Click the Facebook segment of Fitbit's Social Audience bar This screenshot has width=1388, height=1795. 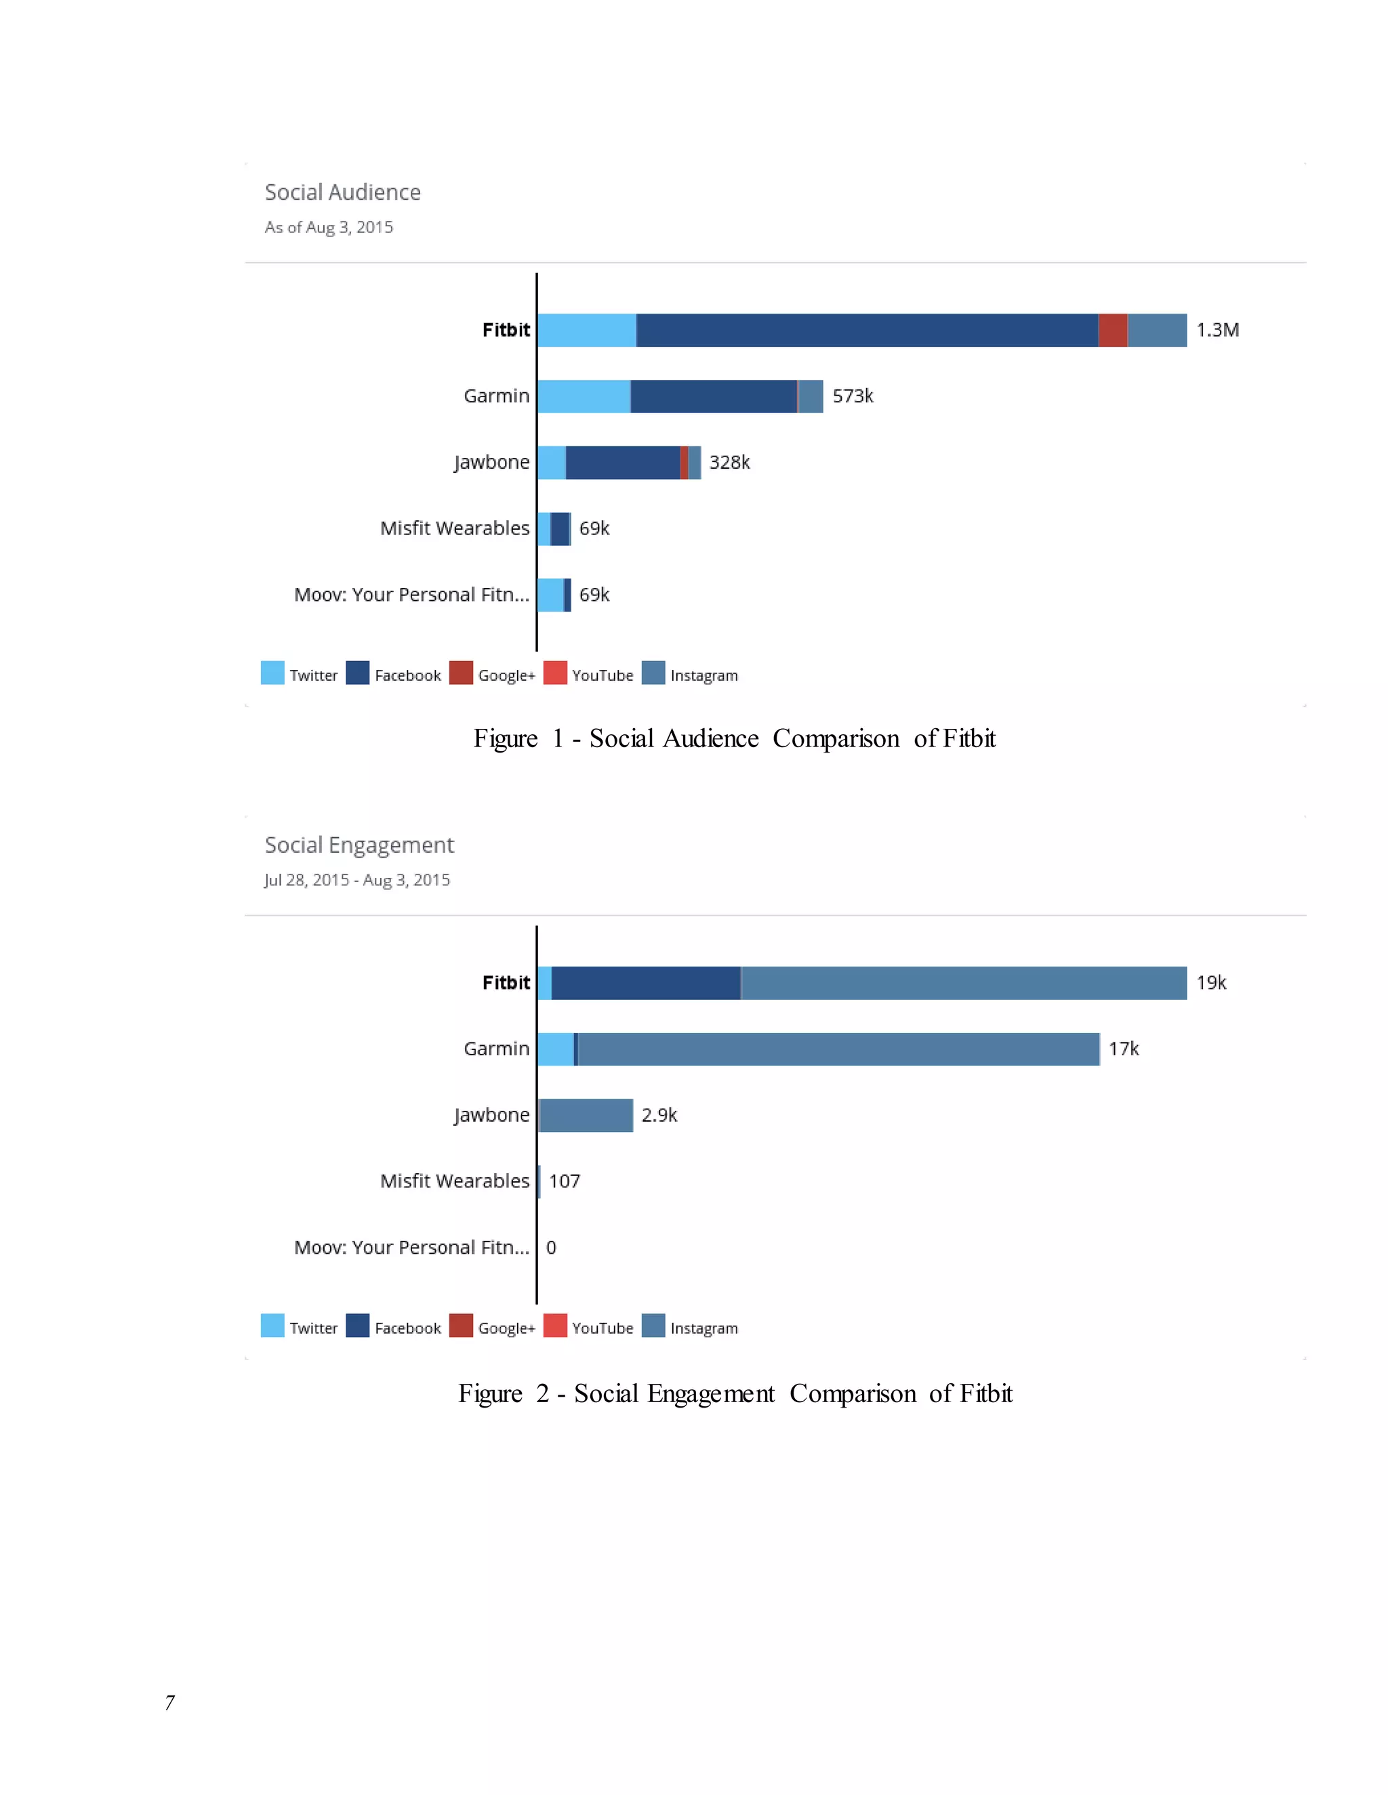(867, 331)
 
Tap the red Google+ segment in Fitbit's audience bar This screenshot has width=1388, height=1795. (1113, 331)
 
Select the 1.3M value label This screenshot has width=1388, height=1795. (1217, 331)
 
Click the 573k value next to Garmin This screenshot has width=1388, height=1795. (853, 396)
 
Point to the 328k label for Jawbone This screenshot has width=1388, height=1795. (729, 463)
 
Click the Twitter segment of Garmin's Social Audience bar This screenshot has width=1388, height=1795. (584, 396)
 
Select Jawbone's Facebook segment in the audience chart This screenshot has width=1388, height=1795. (622, 463)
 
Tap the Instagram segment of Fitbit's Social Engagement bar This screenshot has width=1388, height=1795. (964, 983)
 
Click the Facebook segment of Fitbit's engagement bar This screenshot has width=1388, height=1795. (645, 983)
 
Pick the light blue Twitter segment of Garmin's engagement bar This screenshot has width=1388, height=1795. (556, 1049)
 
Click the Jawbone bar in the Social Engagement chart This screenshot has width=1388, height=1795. (586, 1116)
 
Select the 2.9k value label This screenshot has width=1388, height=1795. (659, 1116)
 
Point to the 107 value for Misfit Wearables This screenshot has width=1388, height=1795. (564, 1182)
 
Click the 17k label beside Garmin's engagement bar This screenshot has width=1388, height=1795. (1123, 1049)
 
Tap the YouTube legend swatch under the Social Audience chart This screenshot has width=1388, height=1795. (555, 673)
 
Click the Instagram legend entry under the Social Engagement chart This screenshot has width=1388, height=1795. (703, 1328)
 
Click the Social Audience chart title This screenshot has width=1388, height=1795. (343, 192)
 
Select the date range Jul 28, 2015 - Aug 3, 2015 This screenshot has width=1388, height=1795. (357, 881)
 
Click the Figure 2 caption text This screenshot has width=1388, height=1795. (735, 1394)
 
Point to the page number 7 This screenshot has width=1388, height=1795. (169, 1702)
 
